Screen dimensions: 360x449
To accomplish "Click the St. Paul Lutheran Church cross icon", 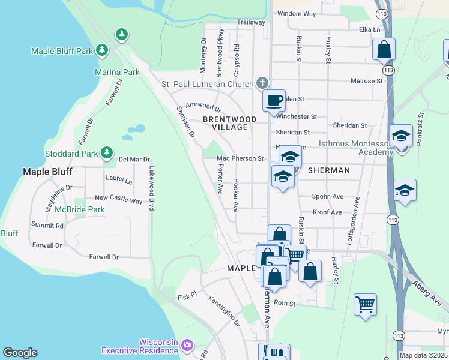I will point(262,83).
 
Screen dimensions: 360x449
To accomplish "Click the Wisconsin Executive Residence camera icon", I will point(187,344).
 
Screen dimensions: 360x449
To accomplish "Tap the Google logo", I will point(20,353).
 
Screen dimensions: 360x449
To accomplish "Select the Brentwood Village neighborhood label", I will point(229,123).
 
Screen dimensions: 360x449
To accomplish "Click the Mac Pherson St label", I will point(240,159).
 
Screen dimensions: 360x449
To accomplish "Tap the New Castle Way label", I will point(119,199).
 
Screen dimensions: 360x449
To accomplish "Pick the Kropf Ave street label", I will point(327,212).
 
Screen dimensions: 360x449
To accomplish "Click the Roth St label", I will point(285,304).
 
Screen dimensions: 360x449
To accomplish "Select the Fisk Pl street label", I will point(187,296).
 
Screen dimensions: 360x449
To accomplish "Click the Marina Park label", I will point(117,72).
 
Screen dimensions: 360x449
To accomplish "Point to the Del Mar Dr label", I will point(133,160).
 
